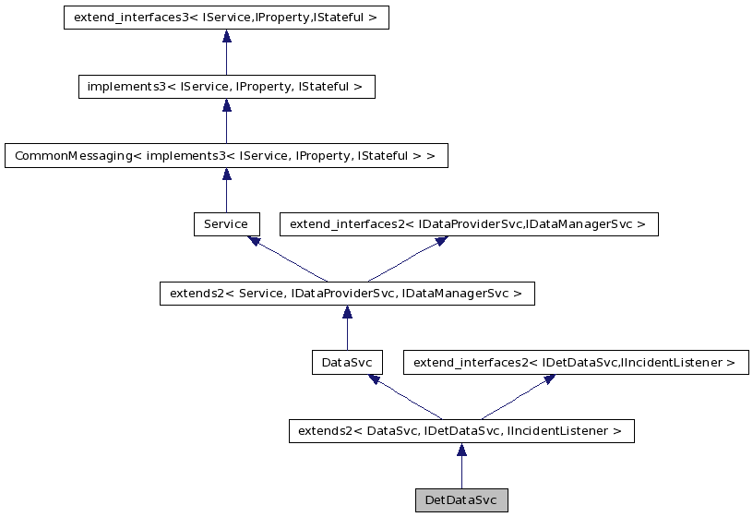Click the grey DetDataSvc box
460,500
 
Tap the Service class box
226,224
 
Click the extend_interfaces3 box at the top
226,18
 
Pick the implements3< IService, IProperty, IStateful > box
226,87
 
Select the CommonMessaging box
226,155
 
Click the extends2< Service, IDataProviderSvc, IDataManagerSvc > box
346,294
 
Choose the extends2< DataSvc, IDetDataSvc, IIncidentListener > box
460,431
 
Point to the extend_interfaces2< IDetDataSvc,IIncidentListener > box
575,363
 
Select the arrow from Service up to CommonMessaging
226,190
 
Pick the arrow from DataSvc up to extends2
346,329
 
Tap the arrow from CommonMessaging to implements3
226,121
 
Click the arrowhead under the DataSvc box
374,379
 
